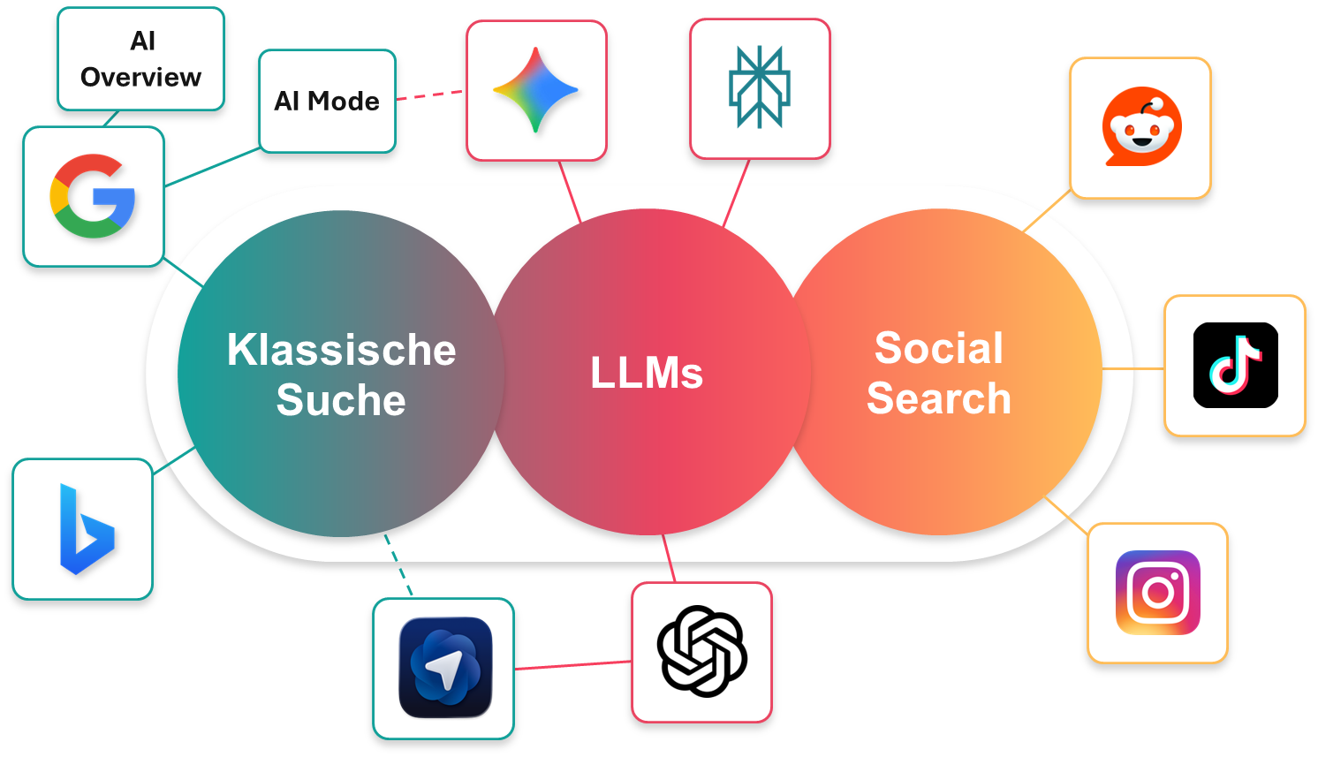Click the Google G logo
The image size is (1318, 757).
coord(93,196)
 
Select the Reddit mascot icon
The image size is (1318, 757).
coord(1140,127)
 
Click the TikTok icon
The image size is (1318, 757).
coord(1235,365)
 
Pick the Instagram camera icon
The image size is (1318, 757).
coord(1157,593)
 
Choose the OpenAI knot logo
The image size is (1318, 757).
coord(702,652)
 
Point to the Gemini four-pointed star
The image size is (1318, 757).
coord(536,90)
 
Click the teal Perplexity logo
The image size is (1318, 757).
coord(760,88)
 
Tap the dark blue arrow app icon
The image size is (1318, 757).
coord(444,668)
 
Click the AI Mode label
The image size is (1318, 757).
coord(327,101)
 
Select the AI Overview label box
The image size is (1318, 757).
coord(141,59)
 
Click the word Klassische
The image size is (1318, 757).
coord(341,350)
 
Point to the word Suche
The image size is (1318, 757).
coord(341,400)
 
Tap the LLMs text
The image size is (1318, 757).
coord(647,373)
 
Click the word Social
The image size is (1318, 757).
coord(939,348)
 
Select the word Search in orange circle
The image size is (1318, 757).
coord(939,398)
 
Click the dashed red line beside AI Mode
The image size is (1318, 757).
coord(430,95)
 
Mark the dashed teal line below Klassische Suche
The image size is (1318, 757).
coord(398,565)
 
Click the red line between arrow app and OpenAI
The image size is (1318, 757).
coord(572,665)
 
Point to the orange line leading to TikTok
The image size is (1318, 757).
coord(1133,368)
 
